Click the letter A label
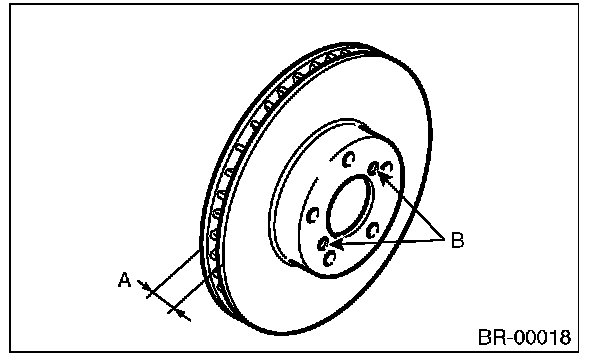point(124,280)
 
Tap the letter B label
point(458,240)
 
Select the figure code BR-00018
point(524,337)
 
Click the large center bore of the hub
point(350,206)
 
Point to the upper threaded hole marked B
point(374,168)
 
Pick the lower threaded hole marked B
point(323,244)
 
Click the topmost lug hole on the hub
point(349,159)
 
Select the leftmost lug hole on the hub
point(313,215)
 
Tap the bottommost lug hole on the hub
point(330,258)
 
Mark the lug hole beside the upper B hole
point(387,168)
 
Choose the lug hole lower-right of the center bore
point(372,231)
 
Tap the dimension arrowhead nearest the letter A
point(145,286)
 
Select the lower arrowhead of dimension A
point(180,313)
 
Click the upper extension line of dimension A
point(173,274)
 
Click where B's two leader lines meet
point(444,238)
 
